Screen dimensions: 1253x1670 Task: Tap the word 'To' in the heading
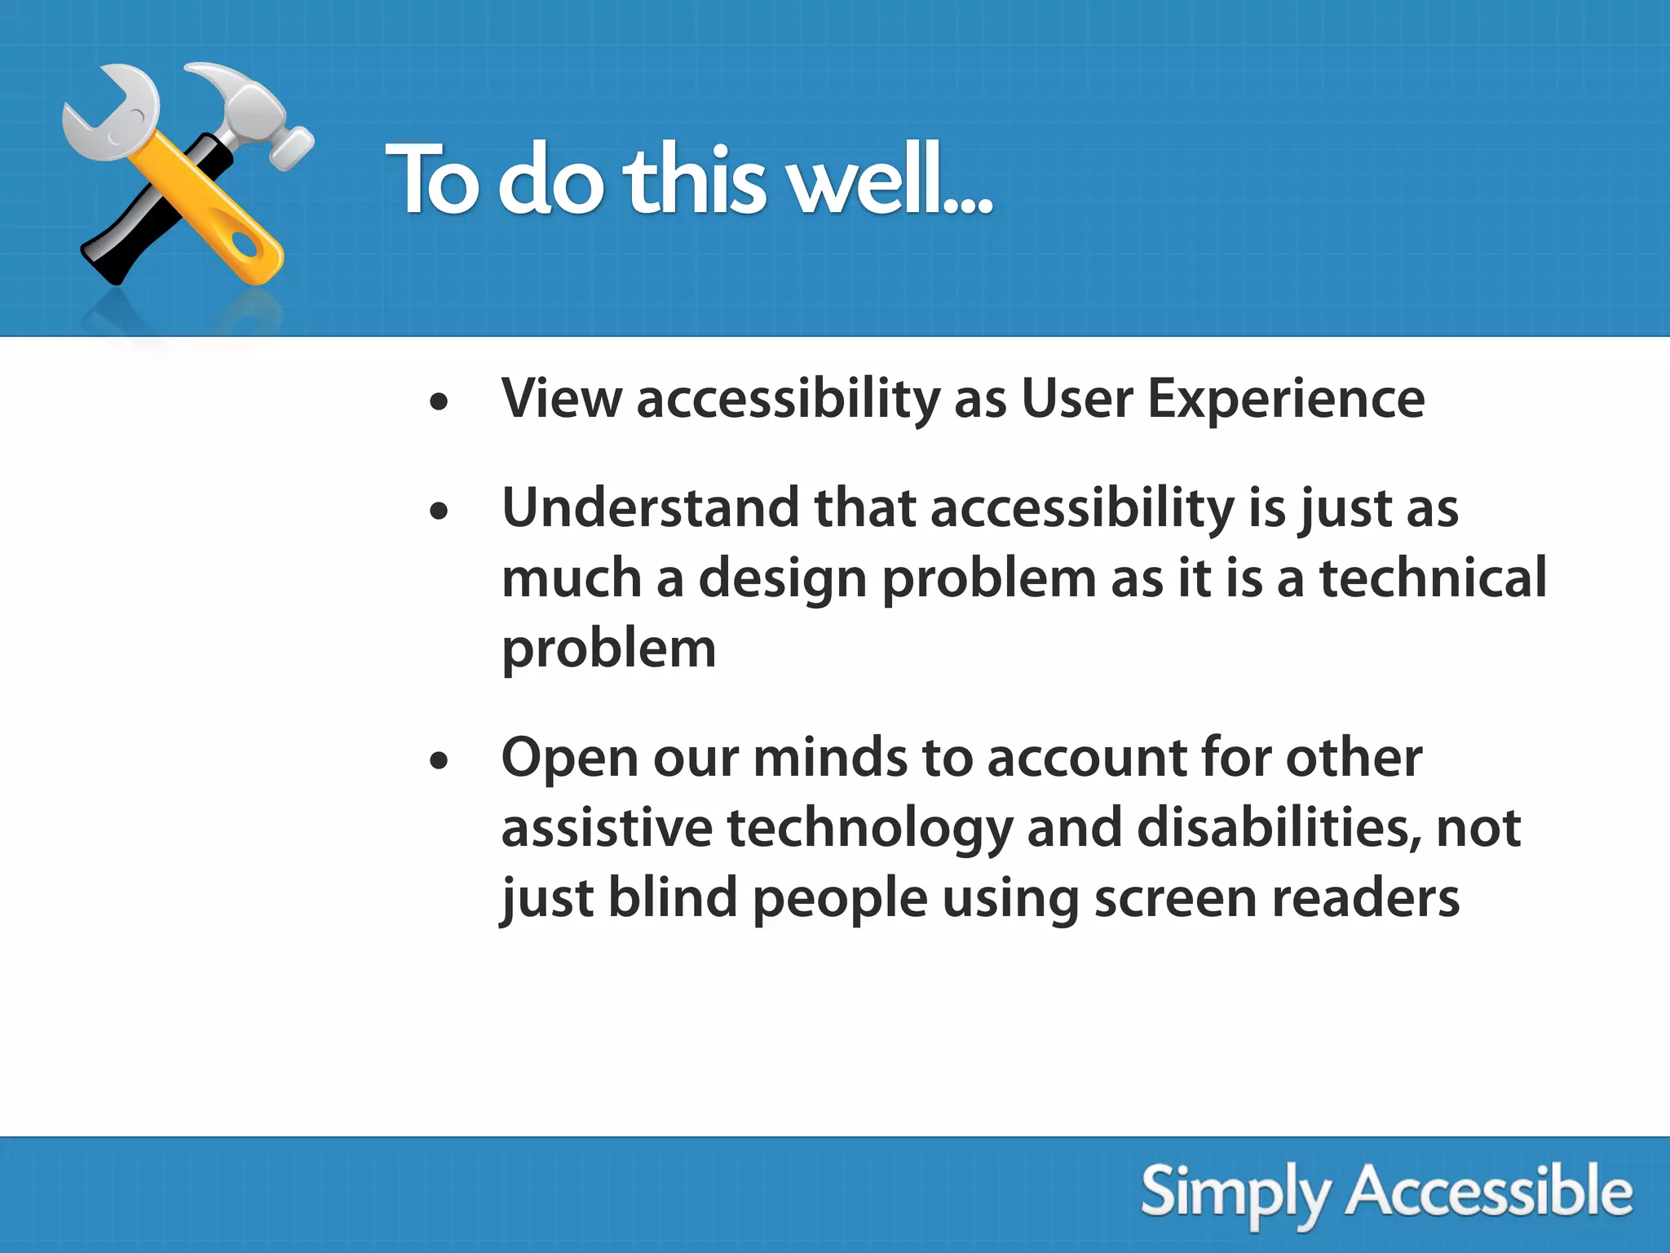click(432, 179)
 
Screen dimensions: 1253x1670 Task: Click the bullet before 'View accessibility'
click(440, 401)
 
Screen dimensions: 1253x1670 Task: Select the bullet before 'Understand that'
click(440, 511)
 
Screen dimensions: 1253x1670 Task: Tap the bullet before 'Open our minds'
click(440, 760)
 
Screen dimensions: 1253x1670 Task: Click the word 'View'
click(561, 399)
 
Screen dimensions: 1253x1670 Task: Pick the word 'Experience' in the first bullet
click(1286, 401)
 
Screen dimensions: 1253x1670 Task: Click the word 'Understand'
click(651, 507)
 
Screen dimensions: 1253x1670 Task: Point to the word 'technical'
click(1433, 578)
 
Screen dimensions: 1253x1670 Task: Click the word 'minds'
click(829, 757)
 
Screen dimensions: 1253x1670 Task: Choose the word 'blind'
click(673, 897)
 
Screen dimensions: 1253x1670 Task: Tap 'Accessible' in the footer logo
click(1489, 1193)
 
